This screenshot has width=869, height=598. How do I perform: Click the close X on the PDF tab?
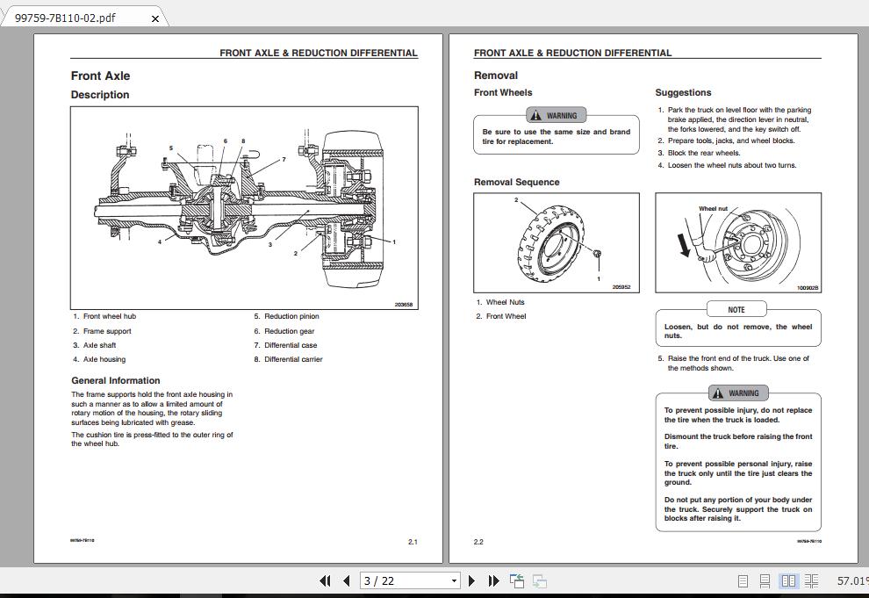click(x=155, y=18)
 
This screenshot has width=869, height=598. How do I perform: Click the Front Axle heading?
click(x=100, y=76)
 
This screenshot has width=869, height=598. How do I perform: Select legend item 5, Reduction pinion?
click(x=291, y=316)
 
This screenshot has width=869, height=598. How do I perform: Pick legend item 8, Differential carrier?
click(x=293, y=359)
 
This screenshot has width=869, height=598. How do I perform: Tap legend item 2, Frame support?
click(x=106, y=331)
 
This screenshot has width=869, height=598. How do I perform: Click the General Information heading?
click(x=116, y=380)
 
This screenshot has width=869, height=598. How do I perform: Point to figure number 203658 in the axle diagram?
click(x=404, y=305)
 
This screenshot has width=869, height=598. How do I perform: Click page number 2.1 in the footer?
click(x=413, y=542)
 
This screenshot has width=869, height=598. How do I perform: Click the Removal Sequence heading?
click(x=516, y=183)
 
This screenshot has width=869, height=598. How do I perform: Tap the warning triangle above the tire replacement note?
click(x=535, y=115)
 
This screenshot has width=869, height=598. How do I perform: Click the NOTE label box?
click(x=736, y=309)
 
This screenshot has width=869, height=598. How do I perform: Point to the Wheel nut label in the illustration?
click(x=713, y=209)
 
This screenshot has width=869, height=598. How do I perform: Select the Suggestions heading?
click(x=683, y=92)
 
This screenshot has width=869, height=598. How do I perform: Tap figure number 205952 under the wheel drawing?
click(x=621, y=287)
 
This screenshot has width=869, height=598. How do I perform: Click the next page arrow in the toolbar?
click(x=472, y=580)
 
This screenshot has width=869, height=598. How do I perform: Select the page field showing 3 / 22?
click(x=408, y=580)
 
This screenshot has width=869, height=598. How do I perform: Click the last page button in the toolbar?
click(x=493, y=580)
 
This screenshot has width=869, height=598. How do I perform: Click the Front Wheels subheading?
click(x=503, y=92)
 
